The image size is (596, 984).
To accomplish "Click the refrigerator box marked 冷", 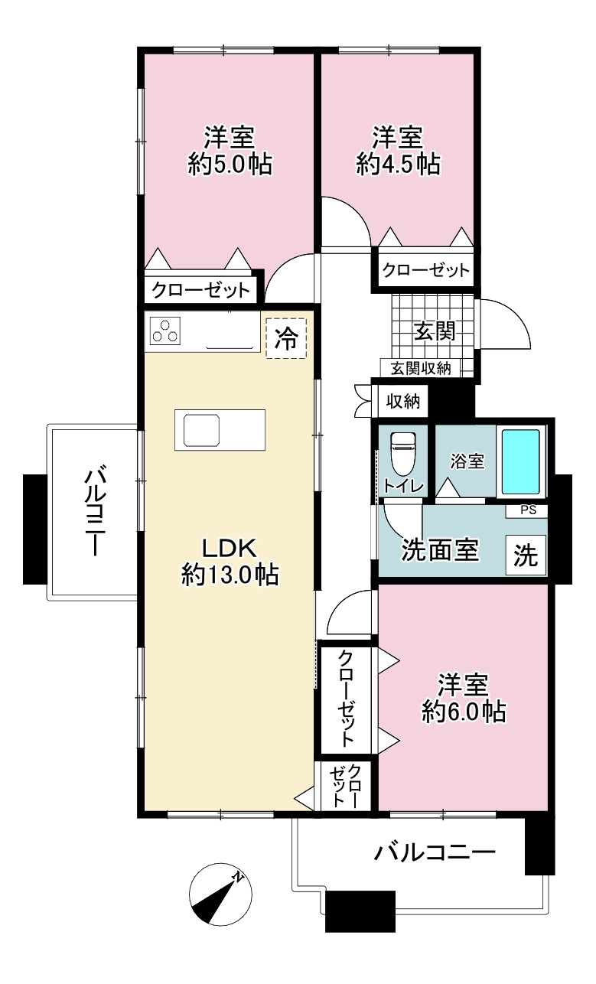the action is click(286, 338).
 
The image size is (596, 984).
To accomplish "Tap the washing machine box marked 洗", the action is click(526, 555).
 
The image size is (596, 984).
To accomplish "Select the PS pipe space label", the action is click(529, 510).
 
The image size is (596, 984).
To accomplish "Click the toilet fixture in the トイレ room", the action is click(402, 453).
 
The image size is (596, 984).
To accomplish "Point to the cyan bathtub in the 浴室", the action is click(521, 461).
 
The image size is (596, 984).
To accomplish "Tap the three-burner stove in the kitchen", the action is click(165, 331).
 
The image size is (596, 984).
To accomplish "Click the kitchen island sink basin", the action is click(201, 430).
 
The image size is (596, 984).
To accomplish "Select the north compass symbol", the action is click(220, 894).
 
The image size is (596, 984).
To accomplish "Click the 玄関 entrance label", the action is click(435, 331).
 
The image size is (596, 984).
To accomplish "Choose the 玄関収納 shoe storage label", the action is click(421, 368).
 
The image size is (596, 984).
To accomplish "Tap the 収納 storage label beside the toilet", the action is click(402, 401).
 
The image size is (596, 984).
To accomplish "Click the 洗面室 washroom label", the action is click(440, 550).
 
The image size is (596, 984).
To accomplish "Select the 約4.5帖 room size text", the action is click(398, 165).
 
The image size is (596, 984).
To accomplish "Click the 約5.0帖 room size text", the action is click(230, 165).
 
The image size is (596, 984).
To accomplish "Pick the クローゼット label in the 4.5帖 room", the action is click(425, 270).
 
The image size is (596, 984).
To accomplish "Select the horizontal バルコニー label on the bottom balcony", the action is click(435, 853).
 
